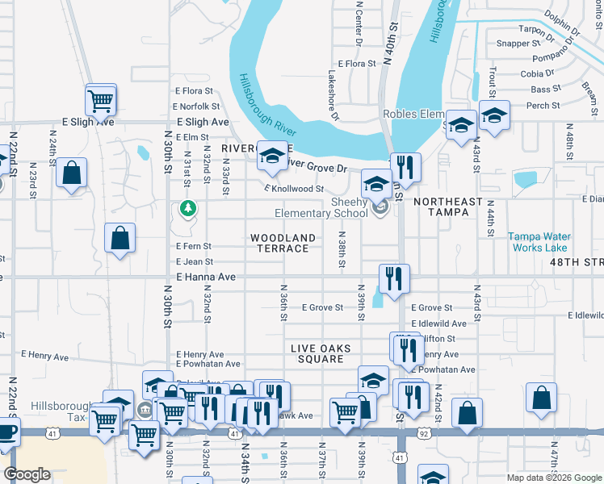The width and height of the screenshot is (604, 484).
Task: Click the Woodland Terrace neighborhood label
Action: (x=283, y=243)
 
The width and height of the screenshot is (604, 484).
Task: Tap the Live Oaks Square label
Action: (x=321, y=353)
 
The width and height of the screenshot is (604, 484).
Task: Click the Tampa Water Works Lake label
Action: (x=538, y=242)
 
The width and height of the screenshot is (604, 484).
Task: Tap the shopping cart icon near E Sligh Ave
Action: (x=101, y=101)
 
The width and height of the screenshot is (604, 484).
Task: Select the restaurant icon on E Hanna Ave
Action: (x=394, y=279)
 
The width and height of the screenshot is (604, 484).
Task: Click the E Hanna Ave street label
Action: (x=205, y=277)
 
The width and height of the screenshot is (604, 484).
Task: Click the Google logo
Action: (x=27, y=474)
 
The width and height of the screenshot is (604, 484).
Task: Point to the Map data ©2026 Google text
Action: (x=553, y=478)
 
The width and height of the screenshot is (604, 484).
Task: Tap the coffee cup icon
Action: (x=6, y=433)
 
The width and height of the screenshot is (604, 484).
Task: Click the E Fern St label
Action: (x=194, y=246)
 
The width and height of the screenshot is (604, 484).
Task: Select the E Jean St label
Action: (x=195, y=262)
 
